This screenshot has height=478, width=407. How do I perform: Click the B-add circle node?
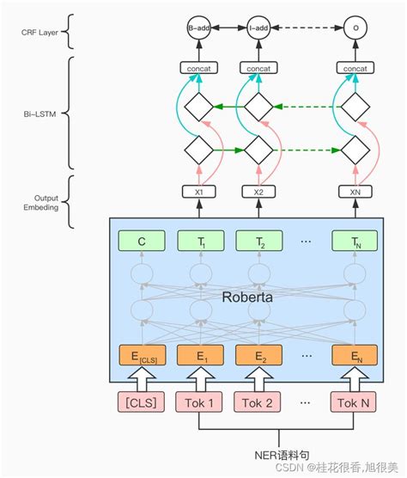coord(199,28)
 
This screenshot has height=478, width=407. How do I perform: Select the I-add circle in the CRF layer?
coord(258,28)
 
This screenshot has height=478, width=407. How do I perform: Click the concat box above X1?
coord(199,67)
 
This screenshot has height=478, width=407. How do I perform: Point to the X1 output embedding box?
coord(199,193)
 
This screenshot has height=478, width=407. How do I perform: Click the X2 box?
coord(258,193)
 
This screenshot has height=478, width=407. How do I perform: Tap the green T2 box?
coord(258,243)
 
